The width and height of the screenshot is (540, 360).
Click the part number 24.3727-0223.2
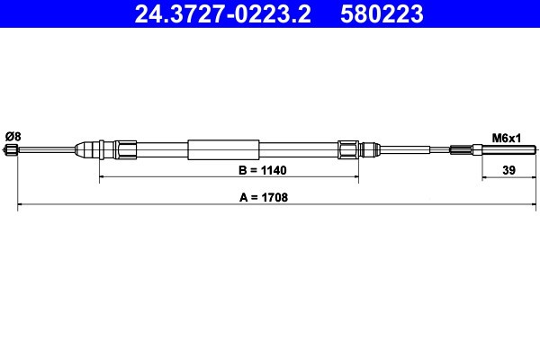coord(223,13)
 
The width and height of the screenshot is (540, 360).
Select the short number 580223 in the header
coord(382,13)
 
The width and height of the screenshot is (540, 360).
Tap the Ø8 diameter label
coord(13,137)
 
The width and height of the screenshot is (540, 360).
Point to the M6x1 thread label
coord(506,138)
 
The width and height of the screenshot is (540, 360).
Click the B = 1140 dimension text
coord(263,170)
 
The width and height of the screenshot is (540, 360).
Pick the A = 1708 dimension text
coord(264,198)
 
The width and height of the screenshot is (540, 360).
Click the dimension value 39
coord(508,170)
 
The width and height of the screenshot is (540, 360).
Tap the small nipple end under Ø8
coord(11,150)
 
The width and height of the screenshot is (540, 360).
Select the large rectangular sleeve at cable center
coord(223,150)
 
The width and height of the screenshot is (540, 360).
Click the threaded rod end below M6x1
coord(509,150)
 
